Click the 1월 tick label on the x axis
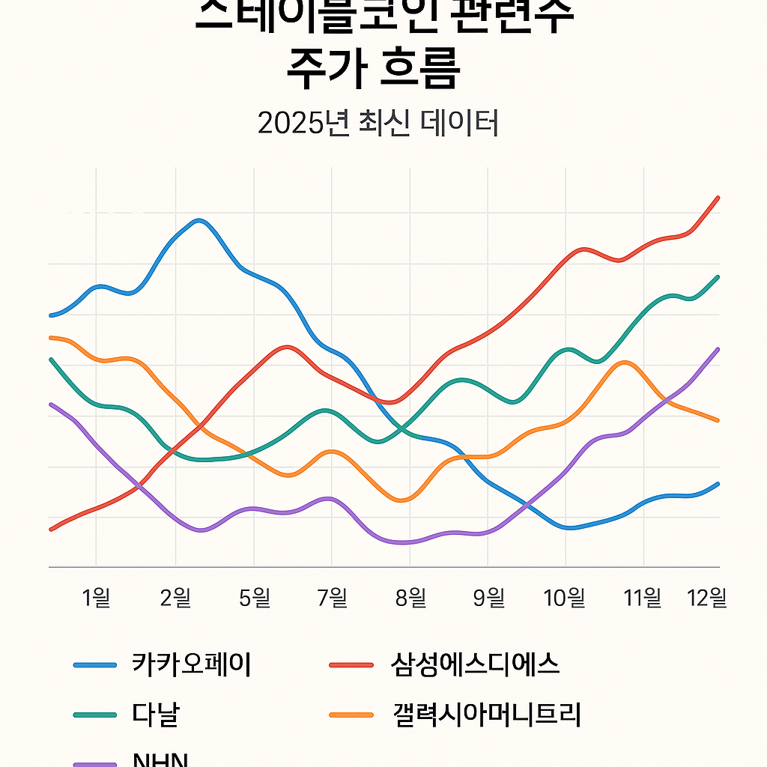pos(96,598)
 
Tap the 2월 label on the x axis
pos(175,598)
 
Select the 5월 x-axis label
pos(254,598)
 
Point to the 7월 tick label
pos(333,598)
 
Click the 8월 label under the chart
pos(410,598)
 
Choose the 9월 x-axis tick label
pos(488,598)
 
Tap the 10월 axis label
pos(565,598)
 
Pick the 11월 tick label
pos(643,598)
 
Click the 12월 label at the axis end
pos(708,598)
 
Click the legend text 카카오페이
pos(191,664)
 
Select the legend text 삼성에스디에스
pos(476,664)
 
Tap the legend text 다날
pos(155,714)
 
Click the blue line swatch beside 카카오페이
pos(95,665)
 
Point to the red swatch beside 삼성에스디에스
pos(351,665)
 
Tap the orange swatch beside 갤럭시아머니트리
pos(351,715)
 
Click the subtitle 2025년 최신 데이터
pos(378,124)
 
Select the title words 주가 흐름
pos(373,72)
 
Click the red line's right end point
pos(718,198)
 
